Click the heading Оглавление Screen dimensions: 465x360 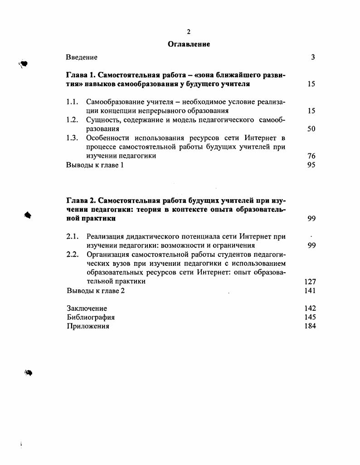(x=189, y=44)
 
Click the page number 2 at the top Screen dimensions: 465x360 (x=189, y=31)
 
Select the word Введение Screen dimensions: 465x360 (x=82, y=57)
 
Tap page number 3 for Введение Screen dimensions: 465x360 (x=313, y=57)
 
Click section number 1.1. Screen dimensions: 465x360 (x=73, y=102)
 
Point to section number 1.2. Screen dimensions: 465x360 (x=73, y=120)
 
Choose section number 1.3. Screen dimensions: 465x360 (x=73, y=137)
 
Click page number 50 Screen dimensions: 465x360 (x=311, y=129)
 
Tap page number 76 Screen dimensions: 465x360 (x=311, y=156)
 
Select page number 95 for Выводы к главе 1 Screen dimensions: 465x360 (x=311, y=165)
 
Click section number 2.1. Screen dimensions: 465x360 (x=73, y=236)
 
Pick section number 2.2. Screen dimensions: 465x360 (x=73, y=254)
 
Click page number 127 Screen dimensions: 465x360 (x=310, y=281)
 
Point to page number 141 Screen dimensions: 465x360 (x=310, y=290)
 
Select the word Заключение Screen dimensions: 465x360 (x=87, y=308)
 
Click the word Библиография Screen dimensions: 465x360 (x=90, y=317)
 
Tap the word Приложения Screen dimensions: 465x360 (x=88, y=326)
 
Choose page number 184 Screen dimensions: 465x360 (x=310, y=326)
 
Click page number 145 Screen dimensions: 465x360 (x=310, y=317)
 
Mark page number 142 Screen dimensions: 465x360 (x=310, y=308)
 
